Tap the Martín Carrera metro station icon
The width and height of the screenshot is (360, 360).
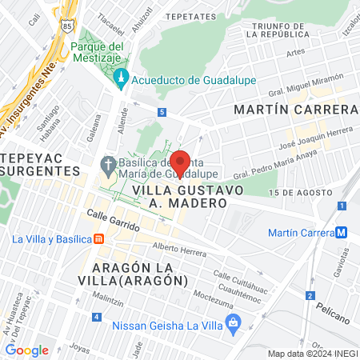[x=342, y=233]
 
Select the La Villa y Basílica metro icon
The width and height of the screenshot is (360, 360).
[x=98, y=238]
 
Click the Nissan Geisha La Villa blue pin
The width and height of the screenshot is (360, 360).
[x=234, y=323]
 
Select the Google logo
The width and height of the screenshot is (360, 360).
[x=27, y=350]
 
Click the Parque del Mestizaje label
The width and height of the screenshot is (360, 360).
[x=104, y=52]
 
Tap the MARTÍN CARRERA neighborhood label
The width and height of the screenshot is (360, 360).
[x=295, y=109]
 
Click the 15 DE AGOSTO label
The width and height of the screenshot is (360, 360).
[x=300, y=193]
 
